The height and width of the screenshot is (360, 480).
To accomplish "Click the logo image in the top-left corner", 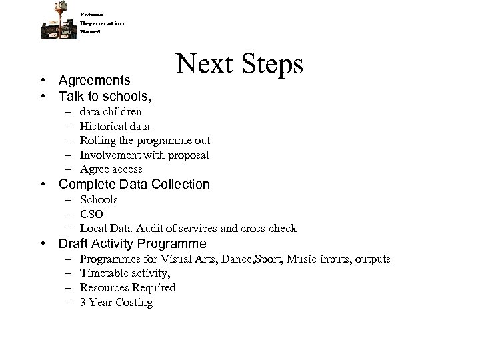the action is [x=59, y=20].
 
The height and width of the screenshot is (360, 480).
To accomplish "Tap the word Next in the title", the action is [x=200, y=64].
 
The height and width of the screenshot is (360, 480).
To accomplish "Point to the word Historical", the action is [x=102, y=126].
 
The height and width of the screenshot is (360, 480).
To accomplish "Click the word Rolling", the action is [x=97, y=140].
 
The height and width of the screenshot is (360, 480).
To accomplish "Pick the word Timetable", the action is [x=103, y=273].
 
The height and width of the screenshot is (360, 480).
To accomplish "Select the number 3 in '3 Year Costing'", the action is [x=83, y=303].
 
